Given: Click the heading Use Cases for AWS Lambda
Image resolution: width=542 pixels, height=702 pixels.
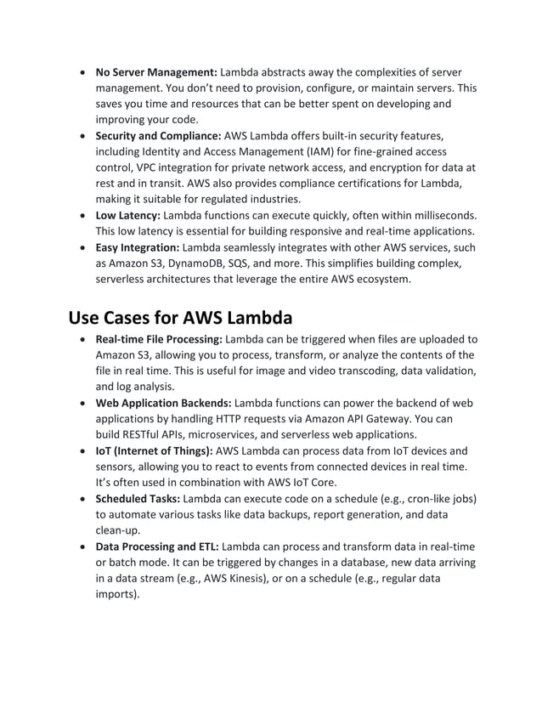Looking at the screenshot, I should (180, 319).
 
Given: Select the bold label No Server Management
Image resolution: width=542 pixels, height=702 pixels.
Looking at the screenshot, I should (156, 72).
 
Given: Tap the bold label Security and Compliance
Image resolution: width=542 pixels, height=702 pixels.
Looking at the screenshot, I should (157, 135).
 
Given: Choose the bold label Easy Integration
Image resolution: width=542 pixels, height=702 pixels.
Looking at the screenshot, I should (138, 246).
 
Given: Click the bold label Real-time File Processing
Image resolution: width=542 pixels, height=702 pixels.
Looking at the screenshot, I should (159, 339).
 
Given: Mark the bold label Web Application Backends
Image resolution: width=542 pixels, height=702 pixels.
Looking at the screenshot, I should (163, 403).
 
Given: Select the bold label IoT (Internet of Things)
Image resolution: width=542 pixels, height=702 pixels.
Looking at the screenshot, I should (155, 450).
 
